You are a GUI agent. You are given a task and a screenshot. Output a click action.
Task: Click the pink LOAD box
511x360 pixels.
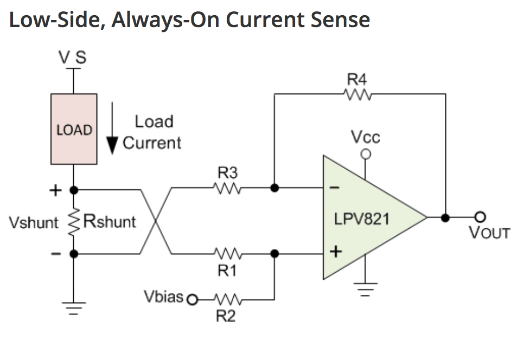(x=74, y=129)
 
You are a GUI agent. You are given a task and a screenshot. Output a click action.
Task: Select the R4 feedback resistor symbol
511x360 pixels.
(x=357, y=94)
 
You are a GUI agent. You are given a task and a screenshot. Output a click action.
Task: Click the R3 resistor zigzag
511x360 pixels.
(x=228, y=188)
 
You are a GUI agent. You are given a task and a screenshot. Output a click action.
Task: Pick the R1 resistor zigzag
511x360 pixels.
(x=228, y=253)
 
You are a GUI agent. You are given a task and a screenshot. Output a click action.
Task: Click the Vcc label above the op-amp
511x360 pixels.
(x=365, y=137)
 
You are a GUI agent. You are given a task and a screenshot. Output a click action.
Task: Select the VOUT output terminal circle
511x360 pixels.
(x=480, y=217)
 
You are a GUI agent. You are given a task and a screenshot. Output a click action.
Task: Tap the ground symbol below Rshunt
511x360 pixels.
(x=74, y=308)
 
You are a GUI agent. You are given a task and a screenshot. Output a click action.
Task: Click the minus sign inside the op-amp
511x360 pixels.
(x=335, y=188)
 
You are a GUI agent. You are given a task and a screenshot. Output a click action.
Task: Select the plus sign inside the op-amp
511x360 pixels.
(x=336, y=252)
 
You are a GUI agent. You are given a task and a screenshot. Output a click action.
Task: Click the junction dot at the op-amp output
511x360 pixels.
(x=445, y=217)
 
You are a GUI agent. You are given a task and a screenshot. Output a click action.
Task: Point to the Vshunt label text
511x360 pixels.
(x=34, y=222)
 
